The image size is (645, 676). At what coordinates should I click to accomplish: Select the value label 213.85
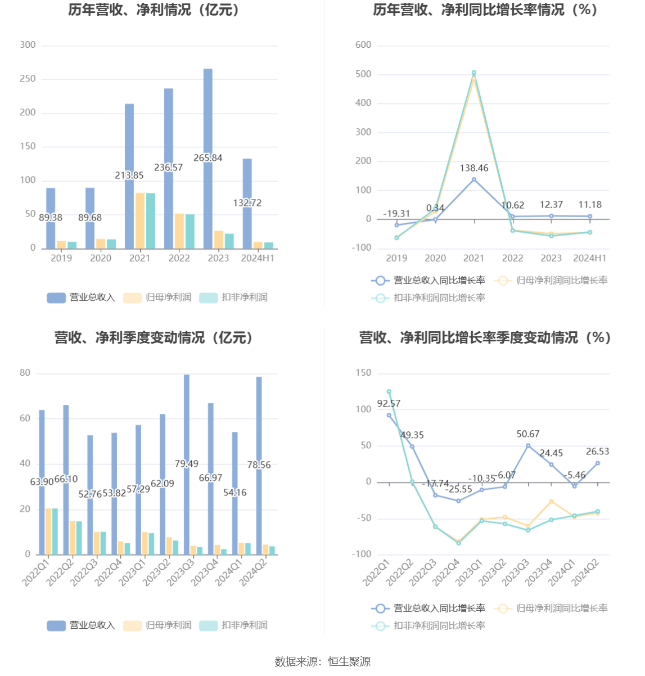[x=129, y=175]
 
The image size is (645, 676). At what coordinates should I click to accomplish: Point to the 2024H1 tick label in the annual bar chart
[x=258, y=258]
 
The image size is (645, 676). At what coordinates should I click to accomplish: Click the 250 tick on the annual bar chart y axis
[x=28, y=79]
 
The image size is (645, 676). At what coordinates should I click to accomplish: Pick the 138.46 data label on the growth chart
[x=474, y=168]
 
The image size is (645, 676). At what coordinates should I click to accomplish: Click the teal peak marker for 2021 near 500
[x=474, y=73]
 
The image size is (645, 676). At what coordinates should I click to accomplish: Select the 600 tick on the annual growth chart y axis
[x=363, y=45]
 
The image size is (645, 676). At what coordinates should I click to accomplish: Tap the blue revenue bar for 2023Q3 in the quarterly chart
[x=187, y=427]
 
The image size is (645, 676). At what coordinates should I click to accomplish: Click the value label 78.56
[x=259, y=465]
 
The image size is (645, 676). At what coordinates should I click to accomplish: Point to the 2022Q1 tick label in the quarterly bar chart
[x=37, y=572]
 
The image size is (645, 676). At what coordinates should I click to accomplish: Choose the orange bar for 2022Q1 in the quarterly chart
[x=48, y=531]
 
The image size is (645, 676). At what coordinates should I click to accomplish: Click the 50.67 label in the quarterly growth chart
[x=528, y=434]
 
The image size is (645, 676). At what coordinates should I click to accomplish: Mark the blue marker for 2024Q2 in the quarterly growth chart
[x=597, y=463]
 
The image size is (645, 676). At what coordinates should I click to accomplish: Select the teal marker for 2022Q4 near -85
[x=458, y=543]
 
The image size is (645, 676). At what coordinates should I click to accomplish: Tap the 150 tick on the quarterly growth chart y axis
[x=363, y=373]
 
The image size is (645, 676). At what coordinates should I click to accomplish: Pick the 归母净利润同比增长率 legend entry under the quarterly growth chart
[x=562, y=609]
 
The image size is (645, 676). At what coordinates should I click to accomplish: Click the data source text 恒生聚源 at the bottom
[x=349, y=662]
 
